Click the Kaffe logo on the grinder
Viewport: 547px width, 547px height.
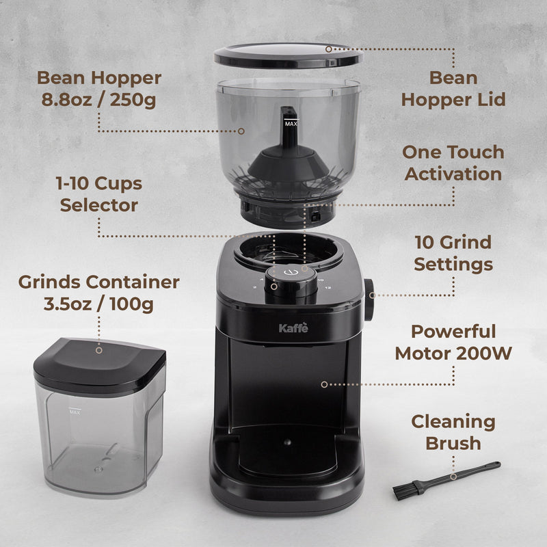click(294, 328)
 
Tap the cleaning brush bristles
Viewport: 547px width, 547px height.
click(403, 491)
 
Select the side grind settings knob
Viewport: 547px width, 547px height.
click(369, 299)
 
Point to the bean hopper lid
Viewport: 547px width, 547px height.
click(287, 54)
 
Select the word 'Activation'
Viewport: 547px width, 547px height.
click(453, 174)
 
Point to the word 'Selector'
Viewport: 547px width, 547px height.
click(99, 205)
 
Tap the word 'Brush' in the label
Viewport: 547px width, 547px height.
click(453, 443)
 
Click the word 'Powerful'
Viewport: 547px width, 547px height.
click(453, 332)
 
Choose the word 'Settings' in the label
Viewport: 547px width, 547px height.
click(453, 264)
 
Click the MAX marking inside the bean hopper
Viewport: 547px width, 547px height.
click(291, 124)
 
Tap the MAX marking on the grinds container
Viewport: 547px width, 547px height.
click(75, 412)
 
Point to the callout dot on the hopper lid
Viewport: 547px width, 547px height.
click(329, 49)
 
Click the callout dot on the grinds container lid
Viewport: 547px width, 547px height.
click(99, 350)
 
